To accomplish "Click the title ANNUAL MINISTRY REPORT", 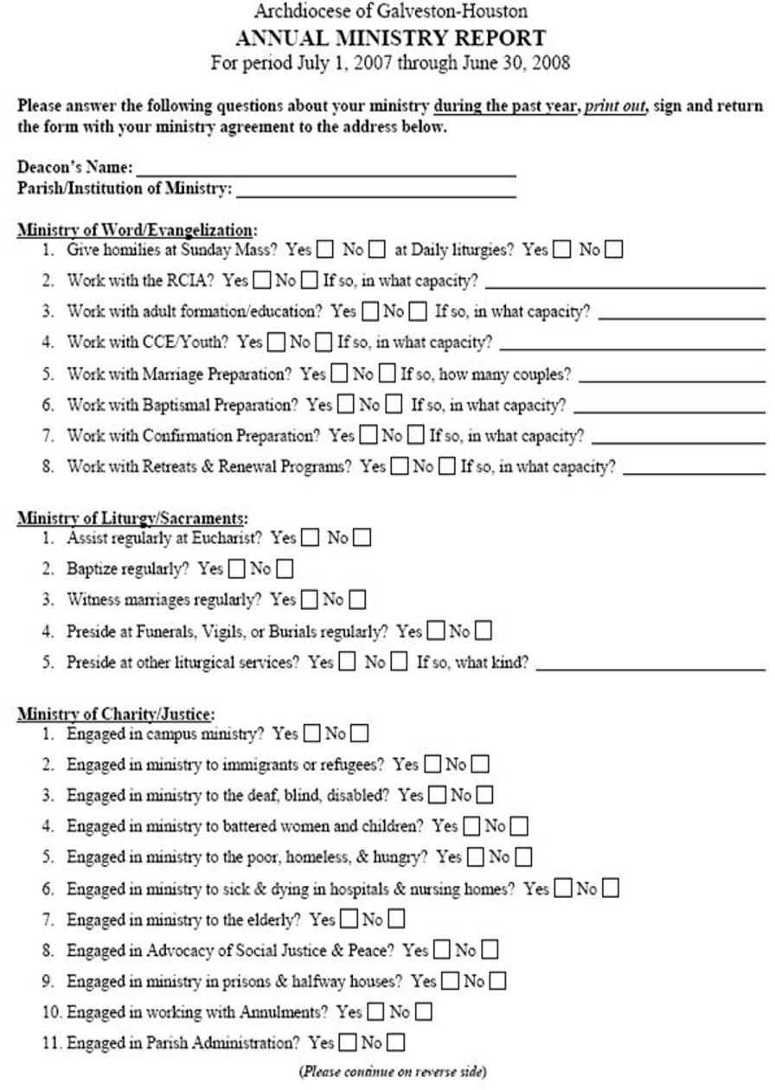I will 391,38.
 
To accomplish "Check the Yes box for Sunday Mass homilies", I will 324,251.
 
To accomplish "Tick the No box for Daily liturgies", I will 614,251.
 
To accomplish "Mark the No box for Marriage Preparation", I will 386,375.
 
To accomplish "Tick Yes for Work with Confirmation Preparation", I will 368,435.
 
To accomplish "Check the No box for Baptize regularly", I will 285,569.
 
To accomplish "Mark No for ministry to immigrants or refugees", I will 480,765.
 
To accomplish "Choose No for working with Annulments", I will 424,1012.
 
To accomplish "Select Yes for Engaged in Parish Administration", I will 348,1042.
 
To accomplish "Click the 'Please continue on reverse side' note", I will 393,1072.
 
